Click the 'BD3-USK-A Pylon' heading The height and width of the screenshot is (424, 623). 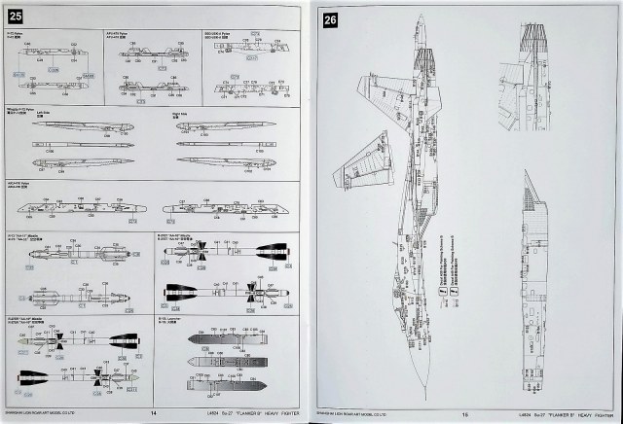[218, 33]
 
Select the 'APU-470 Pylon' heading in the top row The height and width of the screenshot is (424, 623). [122, 32]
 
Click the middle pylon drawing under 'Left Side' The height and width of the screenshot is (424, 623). [73, 142]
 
